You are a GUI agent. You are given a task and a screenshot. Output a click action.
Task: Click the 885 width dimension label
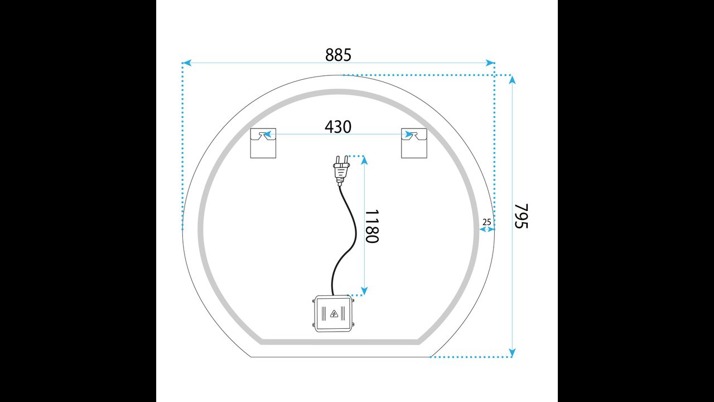point(338,55)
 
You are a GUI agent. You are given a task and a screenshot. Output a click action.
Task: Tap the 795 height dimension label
point(522,216)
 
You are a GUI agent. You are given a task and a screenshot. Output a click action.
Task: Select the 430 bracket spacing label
point(338,127)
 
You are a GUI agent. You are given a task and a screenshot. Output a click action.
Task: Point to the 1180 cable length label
point(372,226)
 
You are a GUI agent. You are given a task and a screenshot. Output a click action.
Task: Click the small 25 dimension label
point(487,222)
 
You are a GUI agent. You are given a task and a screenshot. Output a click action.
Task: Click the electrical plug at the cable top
point(341,170)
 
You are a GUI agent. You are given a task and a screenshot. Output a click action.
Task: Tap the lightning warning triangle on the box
point(334,314)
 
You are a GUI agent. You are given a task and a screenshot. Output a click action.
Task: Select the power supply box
point(334,313)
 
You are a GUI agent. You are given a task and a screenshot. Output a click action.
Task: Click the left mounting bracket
point(263,143)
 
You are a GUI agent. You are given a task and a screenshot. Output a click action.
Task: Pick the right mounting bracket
point(414,143)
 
